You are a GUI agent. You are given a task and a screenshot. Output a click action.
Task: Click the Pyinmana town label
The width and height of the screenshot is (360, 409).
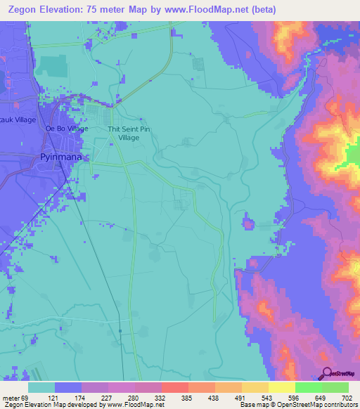61,158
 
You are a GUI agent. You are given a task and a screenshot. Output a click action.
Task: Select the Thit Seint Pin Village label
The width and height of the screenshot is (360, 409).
124,134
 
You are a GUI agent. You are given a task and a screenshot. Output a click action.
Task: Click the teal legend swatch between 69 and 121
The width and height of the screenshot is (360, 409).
41,387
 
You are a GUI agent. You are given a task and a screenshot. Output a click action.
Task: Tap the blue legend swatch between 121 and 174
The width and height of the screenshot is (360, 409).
68,387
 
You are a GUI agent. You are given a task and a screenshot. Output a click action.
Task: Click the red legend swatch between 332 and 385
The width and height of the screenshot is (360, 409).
175,387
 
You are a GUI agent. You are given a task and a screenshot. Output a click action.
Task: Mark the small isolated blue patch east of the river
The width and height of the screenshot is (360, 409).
248,224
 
